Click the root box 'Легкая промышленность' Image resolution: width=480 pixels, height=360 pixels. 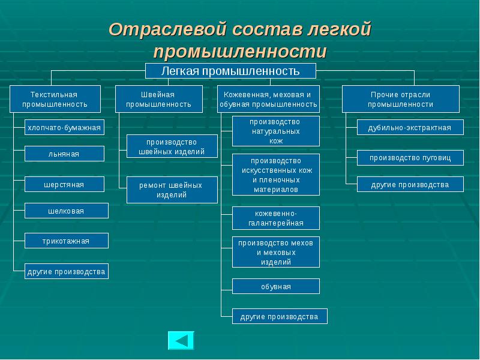pyautogui.click(x=230, y=71)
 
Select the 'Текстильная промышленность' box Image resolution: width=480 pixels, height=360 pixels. pyautogui.click(x=55, y=99)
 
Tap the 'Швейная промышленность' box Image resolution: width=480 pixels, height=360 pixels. pyautogui.click(x=158, y=99)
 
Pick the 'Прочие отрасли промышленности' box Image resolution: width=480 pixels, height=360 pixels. pyautogui.click(x=400, y=99)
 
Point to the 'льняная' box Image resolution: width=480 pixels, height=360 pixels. pyautogui.click(x=64, y=154)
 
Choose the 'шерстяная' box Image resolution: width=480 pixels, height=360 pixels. pyautogui.click(x=64, y=184)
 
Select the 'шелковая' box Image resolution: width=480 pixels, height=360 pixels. pyautogui.click(x=66, y=211)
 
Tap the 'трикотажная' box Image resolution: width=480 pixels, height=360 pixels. pyautogui.click(x=66, y=241)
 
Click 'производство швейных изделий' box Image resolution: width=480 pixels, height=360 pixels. pyautogui.click(x=172, y=147)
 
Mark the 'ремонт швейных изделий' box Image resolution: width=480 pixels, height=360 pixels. pyautogui.click(x=172, y=190)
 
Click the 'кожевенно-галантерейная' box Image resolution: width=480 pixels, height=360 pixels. pyautogui.click(x=276, y=218)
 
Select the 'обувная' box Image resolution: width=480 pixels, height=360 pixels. pyautogui.click(x=276, y=286)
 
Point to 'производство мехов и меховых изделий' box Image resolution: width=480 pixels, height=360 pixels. pyautogui.click(x=276, y=252)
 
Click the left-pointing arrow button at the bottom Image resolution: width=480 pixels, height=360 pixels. pyautogui.click(x=181, y=340)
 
